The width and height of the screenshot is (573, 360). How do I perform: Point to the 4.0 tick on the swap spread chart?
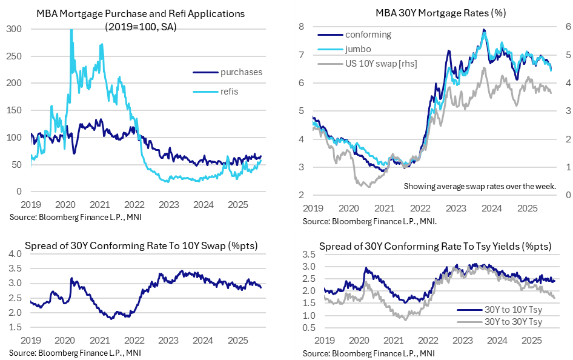(x=16, y=253)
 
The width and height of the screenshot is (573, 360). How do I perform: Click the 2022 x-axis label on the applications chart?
(x=134, y=204)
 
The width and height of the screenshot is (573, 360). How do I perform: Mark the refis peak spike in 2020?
(x=71, y=30)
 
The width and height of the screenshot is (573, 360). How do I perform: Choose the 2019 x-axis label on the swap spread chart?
(x=30, y=341)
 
